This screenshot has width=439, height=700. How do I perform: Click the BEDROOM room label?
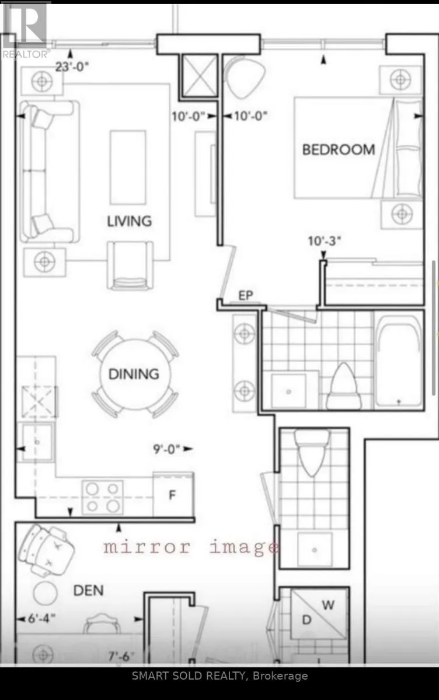[339, 150]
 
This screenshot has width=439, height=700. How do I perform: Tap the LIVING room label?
[130, 221]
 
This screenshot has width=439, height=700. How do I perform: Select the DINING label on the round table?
[134, 374]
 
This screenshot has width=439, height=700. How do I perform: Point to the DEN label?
[89, 590]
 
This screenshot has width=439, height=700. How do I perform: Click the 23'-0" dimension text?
[72, 66]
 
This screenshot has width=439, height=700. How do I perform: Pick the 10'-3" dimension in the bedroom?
[325, 241]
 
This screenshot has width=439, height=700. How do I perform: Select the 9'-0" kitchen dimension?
[166, 449]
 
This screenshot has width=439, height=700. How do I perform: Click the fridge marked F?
[173, 495]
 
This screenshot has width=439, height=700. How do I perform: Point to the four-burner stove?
[103, 497]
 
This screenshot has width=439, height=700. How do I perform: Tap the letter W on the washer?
[328, 605]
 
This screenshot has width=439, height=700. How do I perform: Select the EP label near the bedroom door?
[246, 295]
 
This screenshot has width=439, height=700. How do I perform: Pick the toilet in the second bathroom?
[312, 453]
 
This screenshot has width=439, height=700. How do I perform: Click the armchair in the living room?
[130, 265]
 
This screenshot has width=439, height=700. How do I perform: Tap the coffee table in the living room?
[128, 167]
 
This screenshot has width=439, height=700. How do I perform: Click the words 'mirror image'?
[191, 548]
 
